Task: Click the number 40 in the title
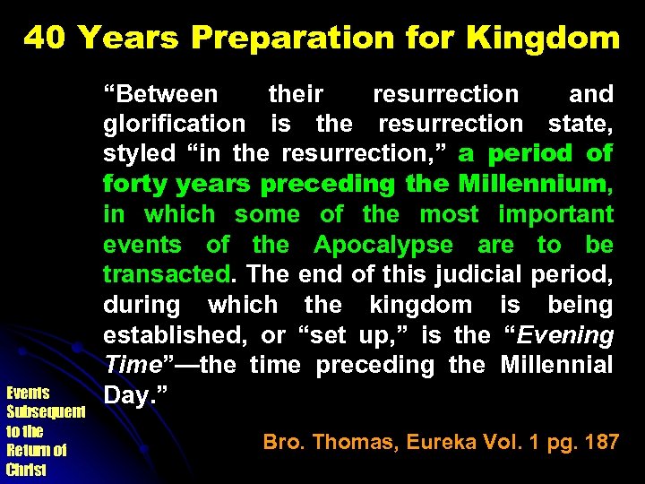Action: [x=45, y=38]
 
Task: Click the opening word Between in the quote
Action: [x=160, y=94]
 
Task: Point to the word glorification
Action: [x=174, y=124]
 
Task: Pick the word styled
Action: [x=139, y=154]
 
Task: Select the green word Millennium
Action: [x=532, y=184]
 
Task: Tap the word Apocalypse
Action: [x=383, y=245]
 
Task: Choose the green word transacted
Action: [x=166, y=274]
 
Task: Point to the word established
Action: [x=176, y=335]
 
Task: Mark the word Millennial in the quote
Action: [x=556, y=365]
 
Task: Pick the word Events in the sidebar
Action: [x=27, y=393]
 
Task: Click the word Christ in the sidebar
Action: [x=26, y=469]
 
